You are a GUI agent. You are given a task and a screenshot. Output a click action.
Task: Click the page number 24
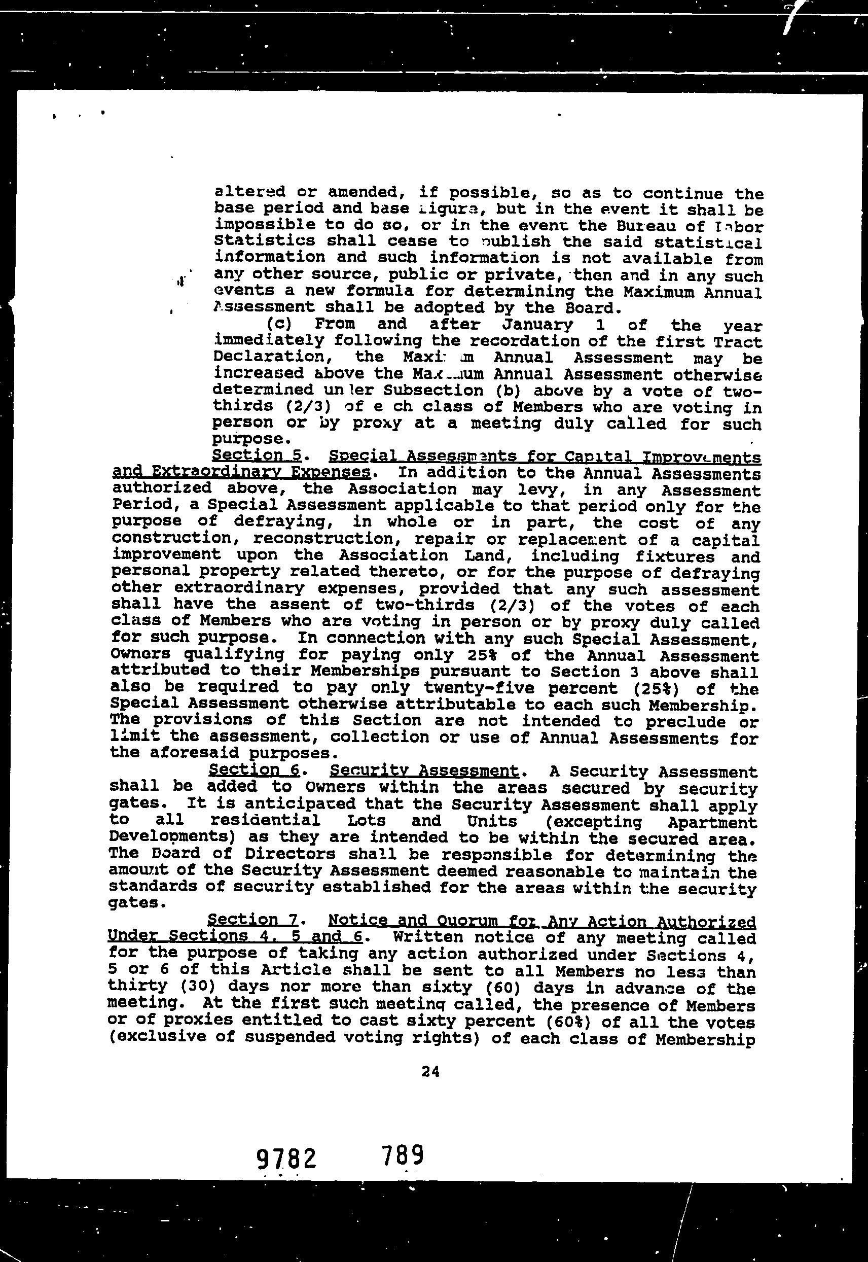coord(430,1071)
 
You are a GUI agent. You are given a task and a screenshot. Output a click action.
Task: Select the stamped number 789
coord(402,1155)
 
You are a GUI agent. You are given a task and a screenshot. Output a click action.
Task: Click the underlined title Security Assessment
coord(424,770)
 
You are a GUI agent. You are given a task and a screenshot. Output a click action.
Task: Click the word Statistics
coord(265,241)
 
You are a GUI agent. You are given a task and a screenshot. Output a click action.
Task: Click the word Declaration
coord(275,357)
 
